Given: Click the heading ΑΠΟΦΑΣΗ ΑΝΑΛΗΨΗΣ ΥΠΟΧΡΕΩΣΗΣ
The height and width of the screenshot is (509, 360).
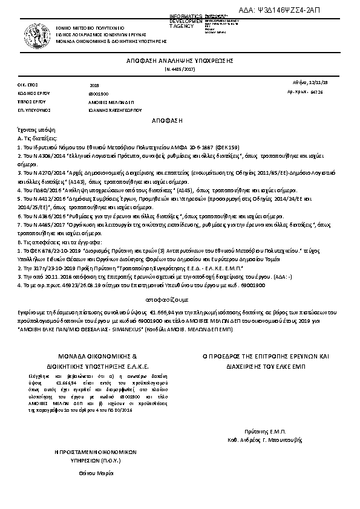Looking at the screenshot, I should tap(180, 62).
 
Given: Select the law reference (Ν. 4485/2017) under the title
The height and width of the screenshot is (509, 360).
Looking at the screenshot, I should tap(180, 71).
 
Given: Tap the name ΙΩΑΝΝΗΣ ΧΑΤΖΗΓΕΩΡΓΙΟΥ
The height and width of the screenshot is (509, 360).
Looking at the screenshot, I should tap(115, 111).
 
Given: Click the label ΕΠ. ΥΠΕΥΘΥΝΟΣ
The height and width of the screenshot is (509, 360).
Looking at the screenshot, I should tap(30, 111).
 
